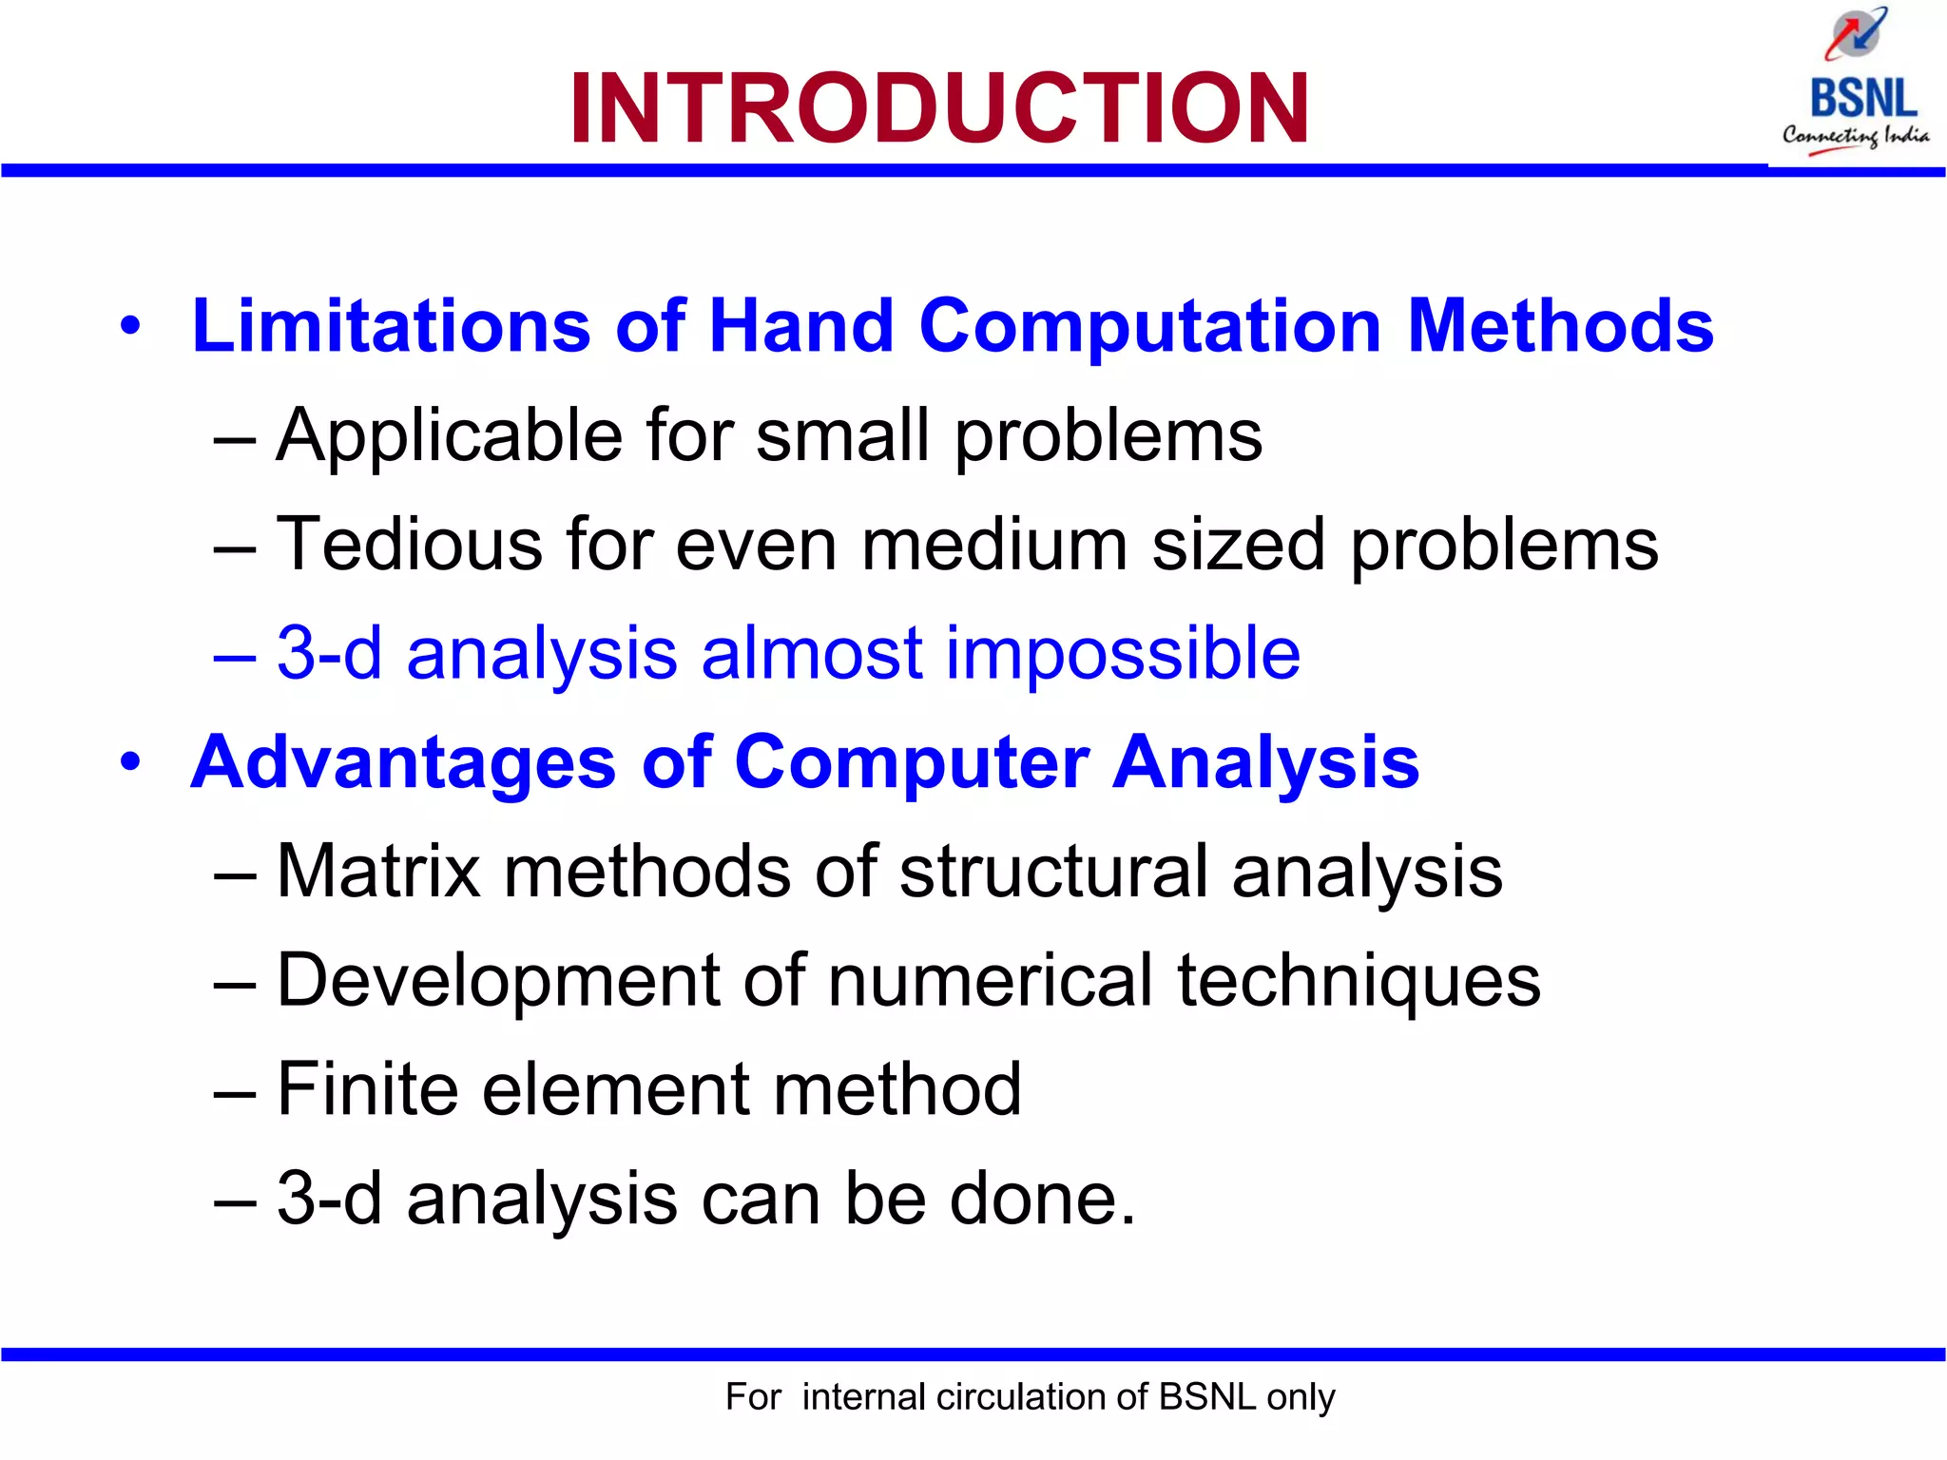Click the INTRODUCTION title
pyautogui.click(x=939, y=109)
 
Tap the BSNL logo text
pyautogui.click(x=1862, y=99)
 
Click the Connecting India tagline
pyautogui.click(x=1855, y=136)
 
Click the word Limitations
pyautogui.click(x=391, y=326)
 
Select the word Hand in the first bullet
pyautogui.click(x=800, y=326)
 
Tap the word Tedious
pyautogui.click(x=409, y=545)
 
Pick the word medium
pyautogui.click(x=994, y=545)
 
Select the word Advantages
pyautogui.click(x=403, y=763)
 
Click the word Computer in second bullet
pyautogui.click(x=911, y=763)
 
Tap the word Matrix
pyautogui.click(x=378, y=871)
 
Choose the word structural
pyautogui.click(x=1053, y=871)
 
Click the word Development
pyautogui.click(x=498, y=980)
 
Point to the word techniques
pyautogui.click(x=1359, y=980)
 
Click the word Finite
pyautogui.click(x=367, y=1089)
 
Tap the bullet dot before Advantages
pyautogui.click(x=130, y=762)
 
